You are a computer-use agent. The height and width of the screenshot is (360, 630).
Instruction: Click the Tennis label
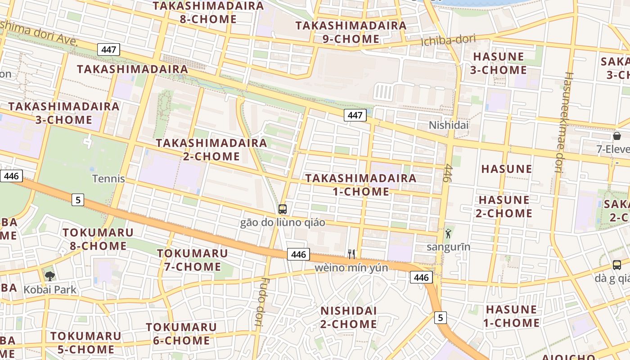108,179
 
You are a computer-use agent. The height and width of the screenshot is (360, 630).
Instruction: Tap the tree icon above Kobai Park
50,276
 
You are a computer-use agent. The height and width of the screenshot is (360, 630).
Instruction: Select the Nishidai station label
449,125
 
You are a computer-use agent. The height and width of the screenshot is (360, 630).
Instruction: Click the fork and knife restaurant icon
351,254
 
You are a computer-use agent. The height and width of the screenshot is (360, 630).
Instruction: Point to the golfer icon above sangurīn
448,233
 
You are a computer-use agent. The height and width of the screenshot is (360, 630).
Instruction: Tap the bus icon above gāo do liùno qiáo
283,209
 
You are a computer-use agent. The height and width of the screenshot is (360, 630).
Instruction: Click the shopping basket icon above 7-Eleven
616,136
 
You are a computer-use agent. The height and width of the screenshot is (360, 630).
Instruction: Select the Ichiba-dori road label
448,40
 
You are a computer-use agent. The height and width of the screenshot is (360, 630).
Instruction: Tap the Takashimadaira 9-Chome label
351,32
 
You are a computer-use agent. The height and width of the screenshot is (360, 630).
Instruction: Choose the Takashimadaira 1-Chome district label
361,184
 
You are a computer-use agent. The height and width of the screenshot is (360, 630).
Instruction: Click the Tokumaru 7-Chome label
192,260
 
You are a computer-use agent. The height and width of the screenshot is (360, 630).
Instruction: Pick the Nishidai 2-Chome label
348,317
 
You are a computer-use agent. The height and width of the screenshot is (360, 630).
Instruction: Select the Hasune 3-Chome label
498,63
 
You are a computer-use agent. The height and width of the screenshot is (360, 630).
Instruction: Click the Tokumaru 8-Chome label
98,239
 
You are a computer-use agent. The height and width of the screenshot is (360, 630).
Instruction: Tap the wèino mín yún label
351,268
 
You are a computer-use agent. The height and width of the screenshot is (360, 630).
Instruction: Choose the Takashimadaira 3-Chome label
64,113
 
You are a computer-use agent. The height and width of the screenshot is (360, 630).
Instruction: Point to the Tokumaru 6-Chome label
181,333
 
